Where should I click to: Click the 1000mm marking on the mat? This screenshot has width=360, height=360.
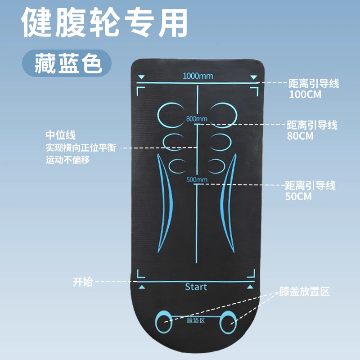[x=198, y=76]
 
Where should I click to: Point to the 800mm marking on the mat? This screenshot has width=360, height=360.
[x=197, y=119]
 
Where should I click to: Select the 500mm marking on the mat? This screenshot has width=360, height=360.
[x=197, y=180]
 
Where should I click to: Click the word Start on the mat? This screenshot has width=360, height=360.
[x=196, y=287]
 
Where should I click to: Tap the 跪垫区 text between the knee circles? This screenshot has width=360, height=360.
[x=196, y=321]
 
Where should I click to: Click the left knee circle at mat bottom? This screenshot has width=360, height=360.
[x=165, y=321]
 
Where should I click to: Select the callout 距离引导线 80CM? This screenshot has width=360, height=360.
[x=312, y=130]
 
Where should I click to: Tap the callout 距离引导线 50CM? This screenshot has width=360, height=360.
[x=310, y=190]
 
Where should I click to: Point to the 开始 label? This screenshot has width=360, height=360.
[x=83, y=282]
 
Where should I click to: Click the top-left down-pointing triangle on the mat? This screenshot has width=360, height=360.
[x=142, y=77]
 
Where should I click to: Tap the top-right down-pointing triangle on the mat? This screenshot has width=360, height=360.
[x=252, y=77]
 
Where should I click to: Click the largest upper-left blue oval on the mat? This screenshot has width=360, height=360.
[x=170, y=114]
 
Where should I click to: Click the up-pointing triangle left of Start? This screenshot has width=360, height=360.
[x=142, y=287]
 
